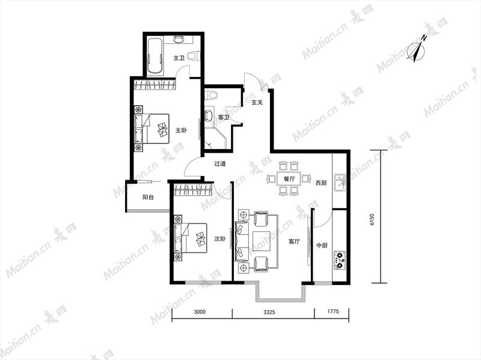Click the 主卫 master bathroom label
tap(179, 58)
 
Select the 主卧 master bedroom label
tap(181, 130)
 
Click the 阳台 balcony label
tap(148, 197)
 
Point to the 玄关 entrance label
tap(257, 102)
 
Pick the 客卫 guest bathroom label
tap(223, 117)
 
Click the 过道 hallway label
tap(220, 163)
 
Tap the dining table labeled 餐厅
tap(289, 178)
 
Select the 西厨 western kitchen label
tap(321, 183)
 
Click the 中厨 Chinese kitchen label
tap(322, 245)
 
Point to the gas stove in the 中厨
tap(340, 260)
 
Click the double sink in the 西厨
tap(340, 182)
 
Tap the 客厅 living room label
tap(294, 242)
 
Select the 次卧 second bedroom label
tap(219, 239)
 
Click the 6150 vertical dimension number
tap(372, 219)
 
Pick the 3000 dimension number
tap(200, 312)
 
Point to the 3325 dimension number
tap(269, 312)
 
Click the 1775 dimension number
tap(333, 311)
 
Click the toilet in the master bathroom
tap(193, 56)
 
